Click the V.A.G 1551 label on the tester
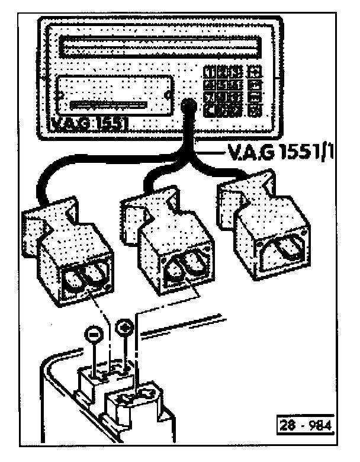(x=88, y=125)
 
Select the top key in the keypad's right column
(x=256, y=72)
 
